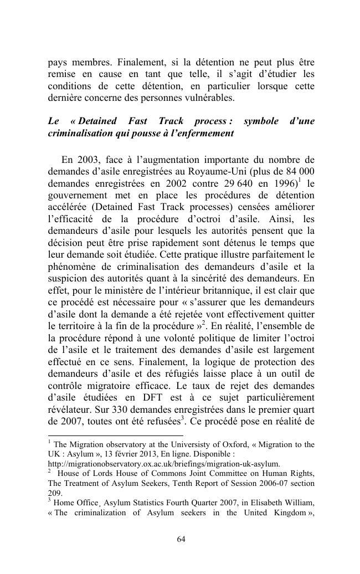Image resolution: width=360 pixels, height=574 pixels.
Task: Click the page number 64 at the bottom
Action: (180, 539)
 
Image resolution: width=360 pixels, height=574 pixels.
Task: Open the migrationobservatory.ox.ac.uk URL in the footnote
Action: (164, 464)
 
